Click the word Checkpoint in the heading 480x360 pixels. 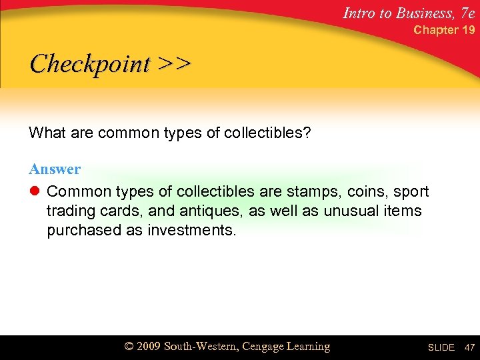[x=91, y=64]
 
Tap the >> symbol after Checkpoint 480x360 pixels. [x=175, y=64]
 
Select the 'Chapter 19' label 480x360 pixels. [x=445, y=30]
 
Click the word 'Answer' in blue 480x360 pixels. [x=55, y=169]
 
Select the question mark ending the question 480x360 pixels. [x=307, y=133]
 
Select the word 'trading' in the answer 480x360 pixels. [x=69, y=211]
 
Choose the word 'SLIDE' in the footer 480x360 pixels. [x=441, y=347]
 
